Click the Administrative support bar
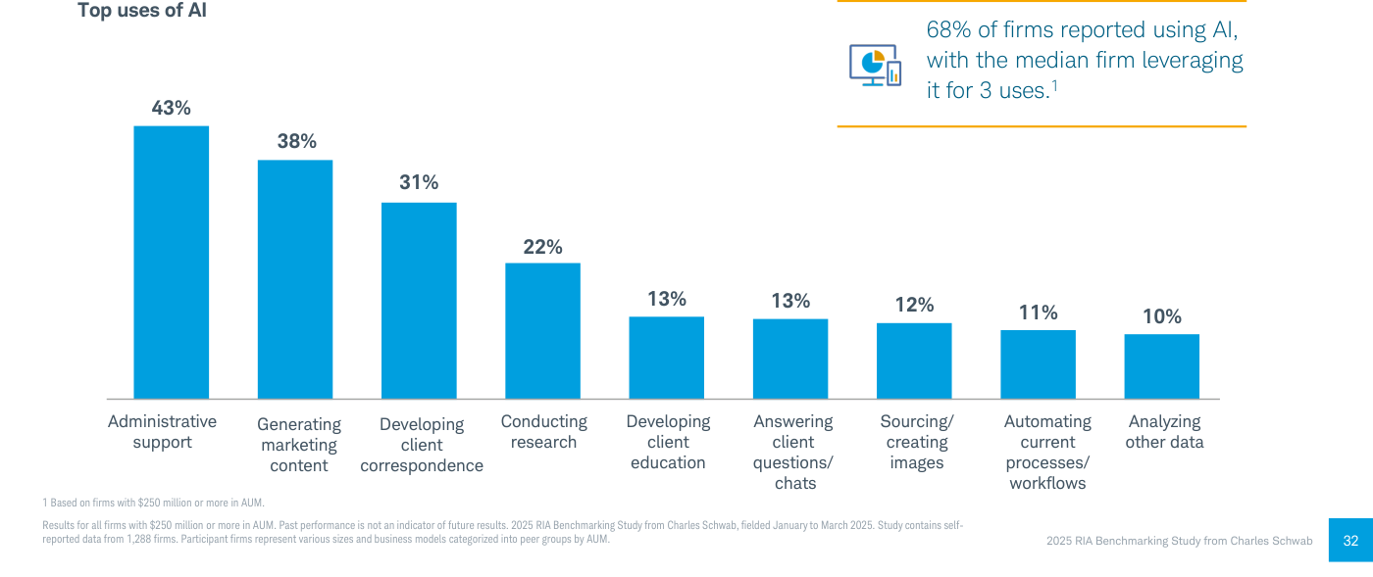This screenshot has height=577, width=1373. coord(171,263)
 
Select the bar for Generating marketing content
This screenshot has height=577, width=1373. coord(295,279)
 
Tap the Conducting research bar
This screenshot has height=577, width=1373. coord(542,331)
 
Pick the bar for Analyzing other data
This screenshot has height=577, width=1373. coord(1161,366)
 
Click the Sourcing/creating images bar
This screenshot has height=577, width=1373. coord(914,361)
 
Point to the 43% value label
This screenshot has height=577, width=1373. coord(171,108)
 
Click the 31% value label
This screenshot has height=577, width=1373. coord(419,182)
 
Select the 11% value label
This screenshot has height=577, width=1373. coord(1038,313)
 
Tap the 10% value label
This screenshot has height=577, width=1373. coord(1161,316)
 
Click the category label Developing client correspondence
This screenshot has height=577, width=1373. coord(422,445)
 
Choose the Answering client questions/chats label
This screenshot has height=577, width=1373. coord(793,452)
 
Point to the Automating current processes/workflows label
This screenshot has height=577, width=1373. coord(1047,452)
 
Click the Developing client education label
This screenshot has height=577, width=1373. coord(668,442)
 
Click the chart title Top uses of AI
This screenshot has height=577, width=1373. coord(141,11)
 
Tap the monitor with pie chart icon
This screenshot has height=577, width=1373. coord(875,65)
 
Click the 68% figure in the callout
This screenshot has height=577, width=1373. coord(949,29)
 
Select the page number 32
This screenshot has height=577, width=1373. coord(1350,540)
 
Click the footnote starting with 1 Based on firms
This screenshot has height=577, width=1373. coord(153,503)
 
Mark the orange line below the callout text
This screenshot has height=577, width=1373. coord(1042,126)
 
